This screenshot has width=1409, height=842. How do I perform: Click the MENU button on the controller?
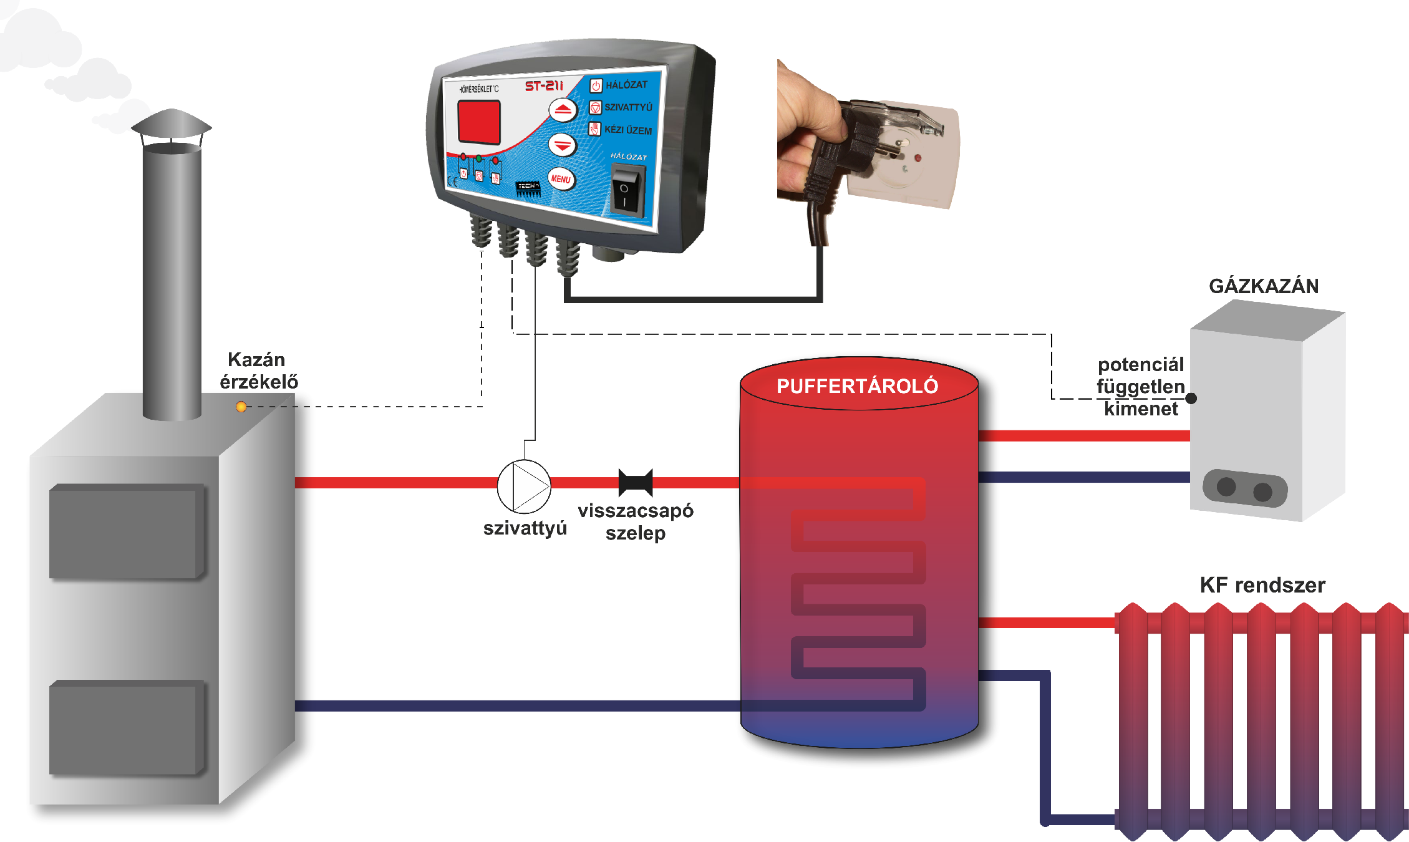tap(561, 179)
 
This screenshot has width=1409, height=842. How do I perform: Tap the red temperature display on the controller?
tap(479, 122)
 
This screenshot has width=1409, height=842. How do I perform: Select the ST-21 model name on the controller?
tap(543, 86)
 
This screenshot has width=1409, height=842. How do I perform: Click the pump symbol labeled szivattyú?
tap(524, 486)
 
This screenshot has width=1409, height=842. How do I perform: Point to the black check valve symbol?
tap(636, 482)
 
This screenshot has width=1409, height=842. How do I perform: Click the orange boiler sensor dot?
tap(241, 407)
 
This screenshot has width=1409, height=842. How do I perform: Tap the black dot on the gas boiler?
tap(1191, 398)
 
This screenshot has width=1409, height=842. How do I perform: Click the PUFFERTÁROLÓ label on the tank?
tap(857, 386)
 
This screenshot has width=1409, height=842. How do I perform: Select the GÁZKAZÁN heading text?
tap(1264, 286)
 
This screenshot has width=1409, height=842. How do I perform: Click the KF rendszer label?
tap(1262, 585)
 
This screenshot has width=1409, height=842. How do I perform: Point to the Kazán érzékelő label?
tap(258, 370)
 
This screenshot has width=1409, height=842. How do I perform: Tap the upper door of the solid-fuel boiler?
tap(127, 531)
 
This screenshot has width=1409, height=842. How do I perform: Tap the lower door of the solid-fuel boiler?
tap(127, 727)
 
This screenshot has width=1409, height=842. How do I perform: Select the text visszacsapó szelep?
tap(636, 522)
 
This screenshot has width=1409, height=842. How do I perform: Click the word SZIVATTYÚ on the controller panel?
tap(628, 107)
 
